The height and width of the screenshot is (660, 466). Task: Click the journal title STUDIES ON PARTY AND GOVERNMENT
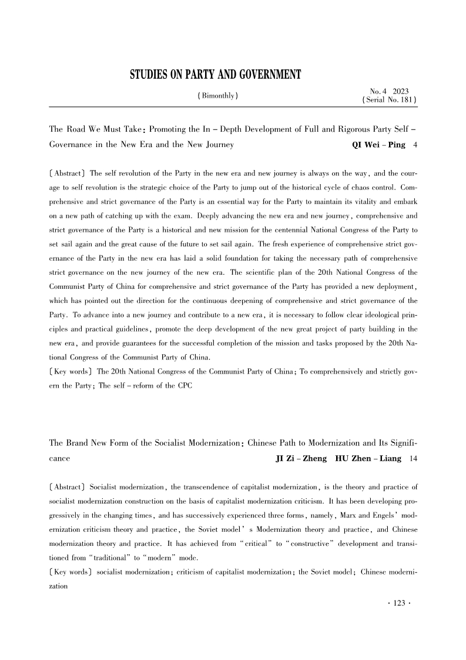(215, 75)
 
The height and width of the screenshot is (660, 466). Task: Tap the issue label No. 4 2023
(389, 91)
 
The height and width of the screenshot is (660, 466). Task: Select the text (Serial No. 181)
(388, 101)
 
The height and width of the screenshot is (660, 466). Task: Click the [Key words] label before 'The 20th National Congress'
(69, 355)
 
